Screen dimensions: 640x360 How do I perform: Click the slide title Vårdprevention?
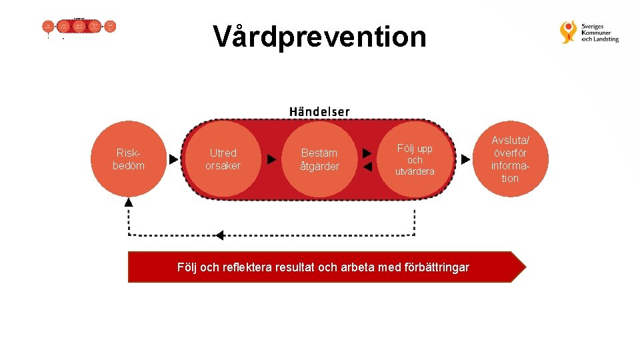coord(319,37)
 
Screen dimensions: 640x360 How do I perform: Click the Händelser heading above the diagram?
coord(319,111)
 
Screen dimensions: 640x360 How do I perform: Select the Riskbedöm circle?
coord(129,159)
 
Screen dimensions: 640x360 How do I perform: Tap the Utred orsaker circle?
coord(223,159)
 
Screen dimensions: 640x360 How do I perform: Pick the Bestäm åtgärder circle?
coord(319,159)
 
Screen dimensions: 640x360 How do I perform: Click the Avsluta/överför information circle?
coord(510,159)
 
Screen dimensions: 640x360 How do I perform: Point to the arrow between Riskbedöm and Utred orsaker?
coord(174,159)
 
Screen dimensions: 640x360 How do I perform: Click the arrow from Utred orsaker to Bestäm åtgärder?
coord(271,159)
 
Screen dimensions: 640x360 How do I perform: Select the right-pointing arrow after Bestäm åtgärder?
coord(367,153)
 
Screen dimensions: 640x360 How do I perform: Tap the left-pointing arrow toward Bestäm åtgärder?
coord(367,167)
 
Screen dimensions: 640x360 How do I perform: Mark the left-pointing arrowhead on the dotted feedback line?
coord(219,235)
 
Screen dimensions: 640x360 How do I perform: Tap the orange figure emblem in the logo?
coord(569,32)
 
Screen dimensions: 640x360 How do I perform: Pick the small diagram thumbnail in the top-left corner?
coord(79,27)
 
